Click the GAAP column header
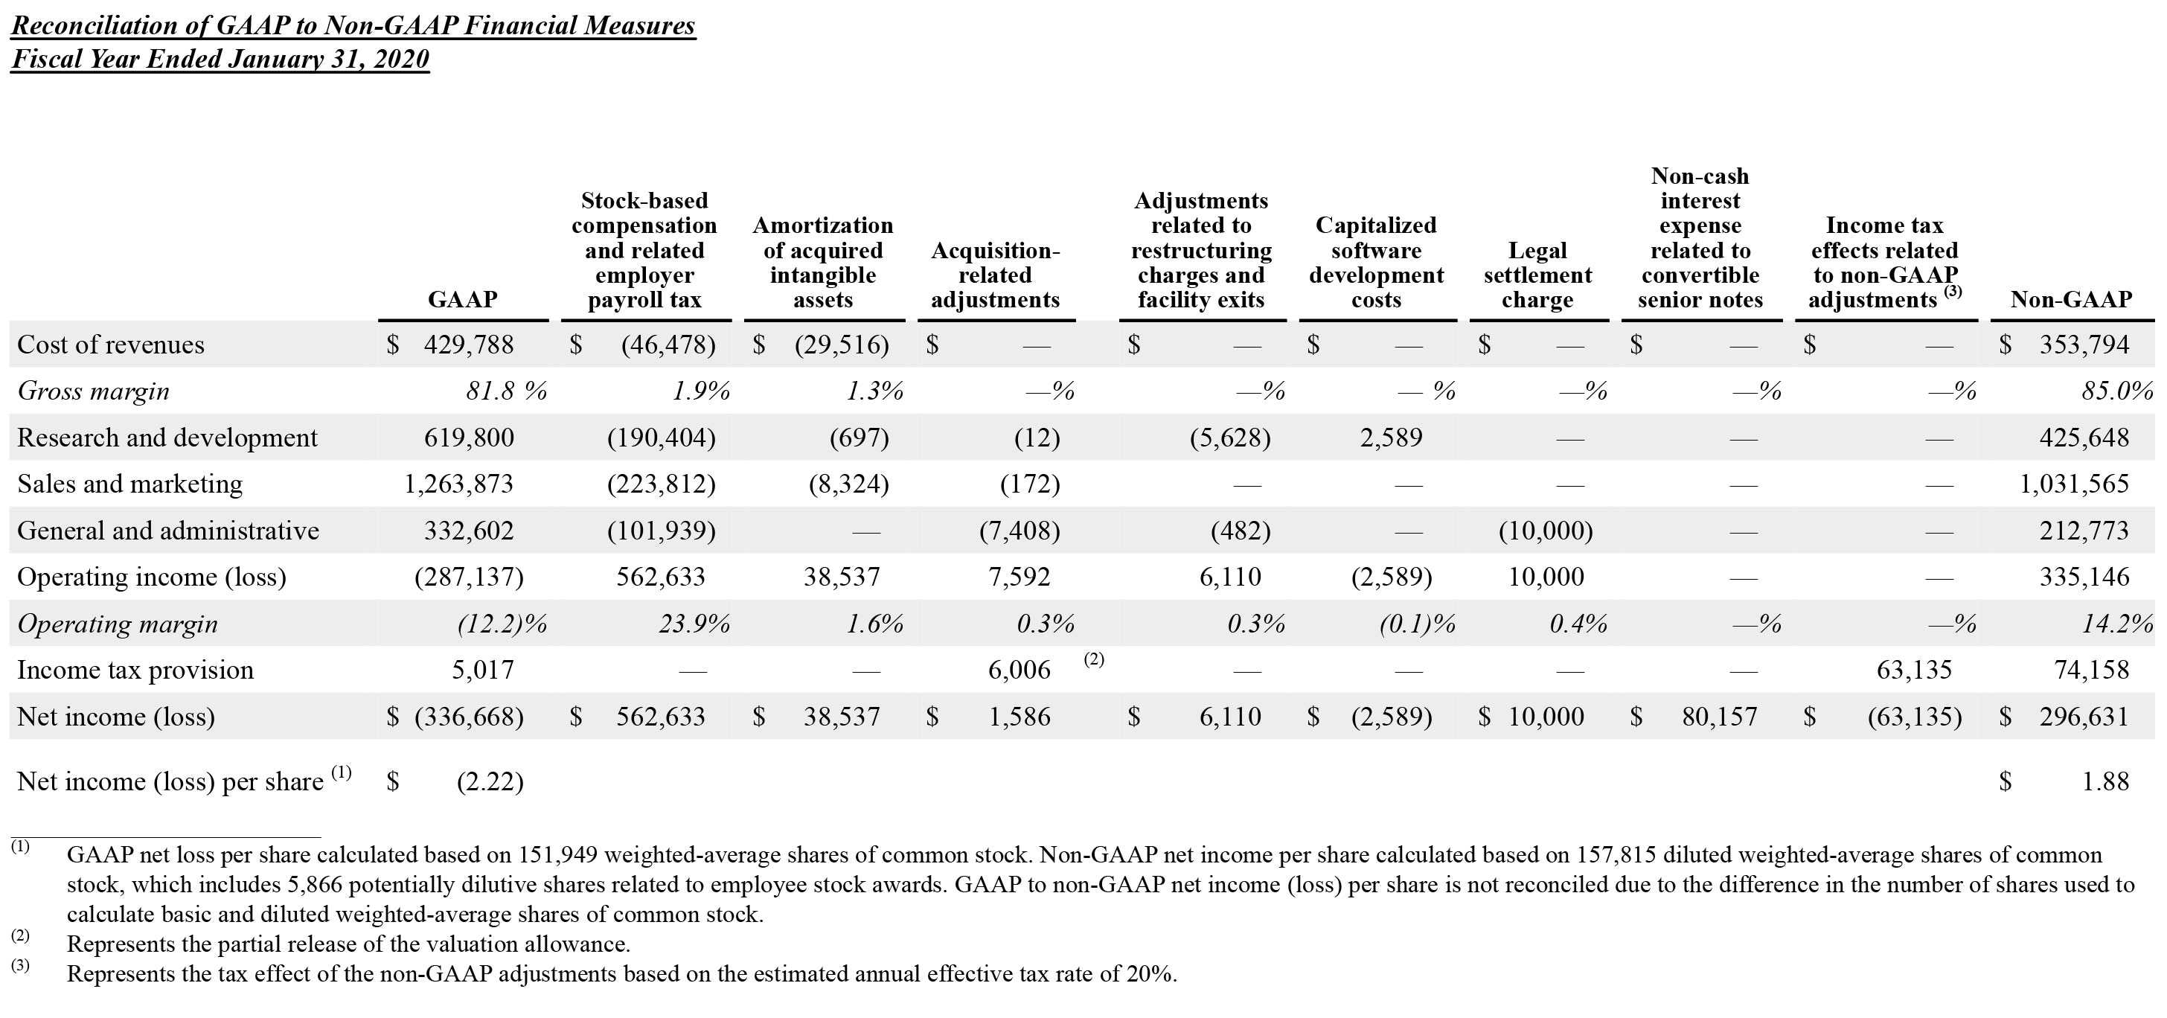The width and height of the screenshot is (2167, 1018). click(x=463, y=299)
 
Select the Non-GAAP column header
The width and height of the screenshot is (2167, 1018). click(x=2071, y=299)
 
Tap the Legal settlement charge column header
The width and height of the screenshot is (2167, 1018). click(x=1537, y=275)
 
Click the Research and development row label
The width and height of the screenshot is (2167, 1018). click(x=167, y=438)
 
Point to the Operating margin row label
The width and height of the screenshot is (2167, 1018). click(x=117, y=624)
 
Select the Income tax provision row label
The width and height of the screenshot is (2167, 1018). click(x=135, y=670)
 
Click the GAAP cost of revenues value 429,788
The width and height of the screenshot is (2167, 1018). click(x=468, y=344)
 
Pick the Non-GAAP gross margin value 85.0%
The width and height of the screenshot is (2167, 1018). click(x=2116, y=391)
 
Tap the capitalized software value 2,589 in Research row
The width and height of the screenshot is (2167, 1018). click(x=1391, y=438)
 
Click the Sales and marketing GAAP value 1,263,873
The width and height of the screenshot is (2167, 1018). click(x=458, y=484)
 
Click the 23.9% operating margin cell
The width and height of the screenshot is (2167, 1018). click(x=694, y=624)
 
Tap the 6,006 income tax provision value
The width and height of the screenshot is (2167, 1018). click(x=1019, y=670)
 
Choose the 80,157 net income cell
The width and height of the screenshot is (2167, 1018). click(x=1720, y=717)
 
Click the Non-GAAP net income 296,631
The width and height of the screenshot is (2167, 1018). click(x=2084, y=717)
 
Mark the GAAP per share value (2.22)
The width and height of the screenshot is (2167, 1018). click(x=490, y=781)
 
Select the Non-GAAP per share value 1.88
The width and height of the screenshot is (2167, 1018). click(x=2104, y=781)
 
